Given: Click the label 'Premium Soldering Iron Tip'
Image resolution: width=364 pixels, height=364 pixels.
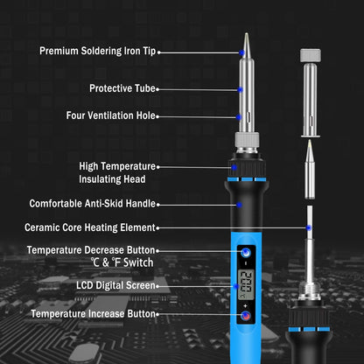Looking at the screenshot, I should pyautogui.click(x=97, y=51).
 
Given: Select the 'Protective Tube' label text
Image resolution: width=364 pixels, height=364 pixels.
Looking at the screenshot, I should pyautogui.click(x=122, y=87).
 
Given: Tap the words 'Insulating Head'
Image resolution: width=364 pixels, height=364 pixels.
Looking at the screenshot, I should pyautogui.click(x=108, y=179).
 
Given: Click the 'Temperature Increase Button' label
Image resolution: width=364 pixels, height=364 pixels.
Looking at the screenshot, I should pyautogui.click(x=93, y=313).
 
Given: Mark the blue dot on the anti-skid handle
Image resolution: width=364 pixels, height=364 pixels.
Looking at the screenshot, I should pyautogui.click(x=239, y=204).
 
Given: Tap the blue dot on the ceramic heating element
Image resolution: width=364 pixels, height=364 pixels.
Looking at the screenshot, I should pyautogui.click(x=308, y=227).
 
